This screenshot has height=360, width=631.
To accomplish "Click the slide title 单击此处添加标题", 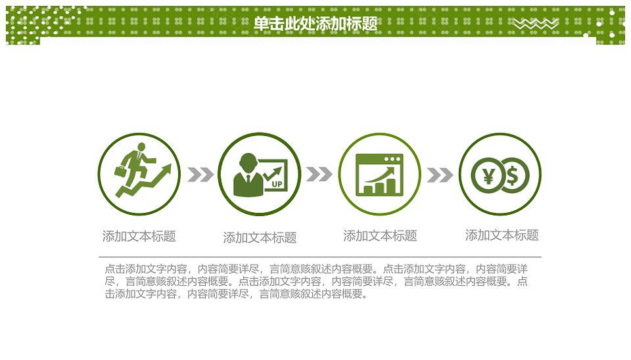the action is coord(315,24).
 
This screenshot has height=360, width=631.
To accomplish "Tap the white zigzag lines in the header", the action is coord(536,24).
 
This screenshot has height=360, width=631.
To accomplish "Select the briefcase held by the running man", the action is coord(121,171).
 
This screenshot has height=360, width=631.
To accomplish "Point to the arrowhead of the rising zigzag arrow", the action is coord(166,169).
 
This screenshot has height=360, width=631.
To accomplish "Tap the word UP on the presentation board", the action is coord(277,184).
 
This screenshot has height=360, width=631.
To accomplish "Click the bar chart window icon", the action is coord(379,175).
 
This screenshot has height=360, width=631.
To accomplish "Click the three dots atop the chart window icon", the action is coord(392,159).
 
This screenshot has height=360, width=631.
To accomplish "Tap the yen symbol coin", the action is coord(488,175).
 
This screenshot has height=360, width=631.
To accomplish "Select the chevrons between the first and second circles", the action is coord(200,174).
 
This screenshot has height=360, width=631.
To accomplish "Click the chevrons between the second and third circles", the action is coord(319,174).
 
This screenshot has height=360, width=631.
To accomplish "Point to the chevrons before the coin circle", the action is coord(440,175).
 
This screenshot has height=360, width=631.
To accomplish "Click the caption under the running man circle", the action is coord(139,236).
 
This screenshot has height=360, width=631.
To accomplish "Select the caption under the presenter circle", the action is coord(260,238).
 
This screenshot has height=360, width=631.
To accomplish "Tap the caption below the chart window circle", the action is coord(381,236).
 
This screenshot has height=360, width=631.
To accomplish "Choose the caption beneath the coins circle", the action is coord(502,235).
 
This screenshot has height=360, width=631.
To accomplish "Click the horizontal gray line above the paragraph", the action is coord(320,257).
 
